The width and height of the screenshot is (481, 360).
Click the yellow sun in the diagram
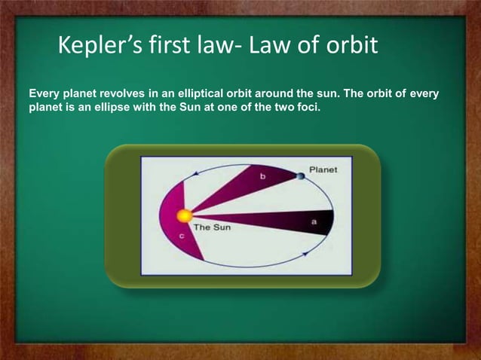pyautogui.click(x=184, y=216)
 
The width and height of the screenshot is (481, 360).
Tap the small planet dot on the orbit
pyautogui.click(x=301, y=176)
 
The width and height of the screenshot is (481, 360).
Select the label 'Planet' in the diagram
pyautogui.click(x=323, y=169)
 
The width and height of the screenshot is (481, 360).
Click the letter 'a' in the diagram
pyautogui.click(x=314, y=222)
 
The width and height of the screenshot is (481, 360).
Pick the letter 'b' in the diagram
pyautogui.click(x=262, y=176)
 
